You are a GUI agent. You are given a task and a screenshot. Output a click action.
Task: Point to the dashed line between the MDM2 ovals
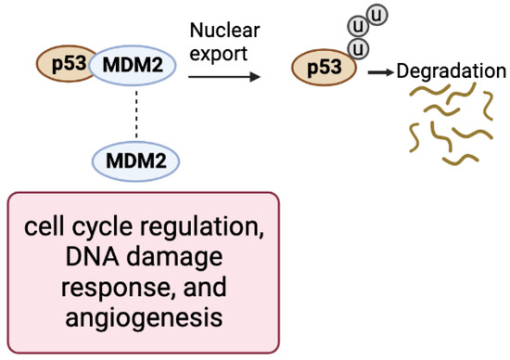pyautogui.click(x=136, y=113)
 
